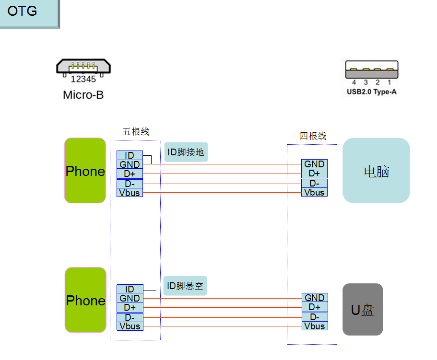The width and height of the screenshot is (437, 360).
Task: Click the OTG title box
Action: (x=29, y=13)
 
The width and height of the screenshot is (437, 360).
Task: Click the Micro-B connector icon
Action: (x=83, y=67)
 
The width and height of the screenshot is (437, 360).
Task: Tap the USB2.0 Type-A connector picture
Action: (x=372, y=70)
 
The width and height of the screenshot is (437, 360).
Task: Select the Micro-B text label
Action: (x=83, y=95)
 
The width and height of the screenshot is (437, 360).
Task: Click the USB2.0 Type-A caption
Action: (x=372, y=92)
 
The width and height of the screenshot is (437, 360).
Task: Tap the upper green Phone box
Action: (x=85, y=171)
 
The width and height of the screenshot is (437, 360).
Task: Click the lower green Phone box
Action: (x=85, y=300)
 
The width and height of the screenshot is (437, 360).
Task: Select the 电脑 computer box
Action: (x=376, y=171)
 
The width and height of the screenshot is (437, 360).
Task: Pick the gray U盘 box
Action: (x=363, y=310)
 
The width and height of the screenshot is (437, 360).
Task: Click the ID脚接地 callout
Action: (x=186, y=152)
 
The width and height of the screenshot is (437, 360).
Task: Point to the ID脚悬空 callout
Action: (x=185, y=286)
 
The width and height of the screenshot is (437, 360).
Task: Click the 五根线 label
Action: (x=136, y=131)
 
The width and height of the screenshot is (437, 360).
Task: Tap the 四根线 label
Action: (x=313, y=136)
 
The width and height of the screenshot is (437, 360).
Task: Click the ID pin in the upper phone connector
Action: (x=130, y=155)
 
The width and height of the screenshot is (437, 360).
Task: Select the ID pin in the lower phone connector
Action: (x=130, y=289)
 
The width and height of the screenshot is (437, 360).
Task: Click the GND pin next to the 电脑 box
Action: (x=314, y=164)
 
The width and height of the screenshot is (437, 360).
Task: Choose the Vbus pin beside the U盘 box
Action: (x=314, y=326)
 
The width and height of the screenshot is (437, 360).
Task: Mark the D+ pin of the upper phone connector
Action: (x=130, y=174)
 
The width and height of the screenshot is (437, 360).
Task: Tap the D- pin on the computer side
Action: (x=314, y=183)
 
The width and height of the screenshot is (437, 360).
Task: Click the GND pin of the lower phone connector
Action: (x=130, y=298)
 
